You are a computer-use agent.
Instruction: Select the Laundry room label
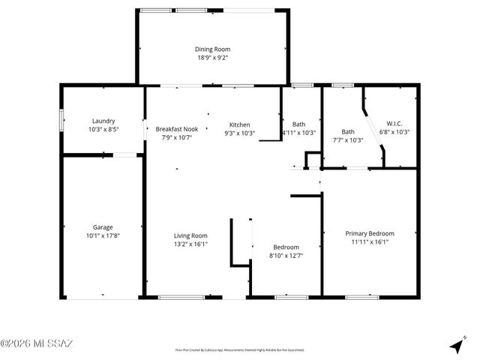(x=103, y=121)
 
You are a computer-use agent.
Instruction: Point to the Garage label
(x=103, y=227)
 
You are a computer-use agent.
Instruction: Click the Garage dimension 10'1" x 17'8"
(x=103, y=235)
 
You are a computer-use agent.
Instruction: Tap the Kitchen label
(x=239, y=124)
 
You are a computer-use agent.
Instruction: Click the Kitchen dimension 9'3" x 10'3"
(x=239, y=133)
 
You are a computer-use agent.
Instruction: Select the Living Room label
(x=190, y=235)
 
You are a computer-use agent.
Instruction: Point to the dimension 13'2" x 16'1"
(x=190, y=244)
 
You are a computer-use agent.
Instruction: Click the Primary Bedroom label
(x=369, y=233)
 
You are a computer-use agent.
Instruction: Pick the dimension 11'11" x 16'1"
(x=369, y=241)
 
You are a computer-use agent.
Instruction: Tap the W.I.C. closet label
(x=394, y=124)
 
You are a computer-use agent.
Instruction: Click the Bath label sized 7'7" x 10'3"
(x=348, y=131)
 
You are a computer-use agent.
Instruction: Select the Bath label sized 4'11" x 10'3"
(x=298, y=124)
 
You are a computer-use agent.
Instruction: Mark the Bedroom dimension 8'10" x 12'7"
(x=286, y=256)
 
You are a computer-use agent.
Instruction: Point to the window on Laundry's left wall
(x=61, y=121)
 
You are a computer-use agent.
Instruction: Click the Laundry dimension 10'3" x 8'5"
(x=103, y=129)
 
